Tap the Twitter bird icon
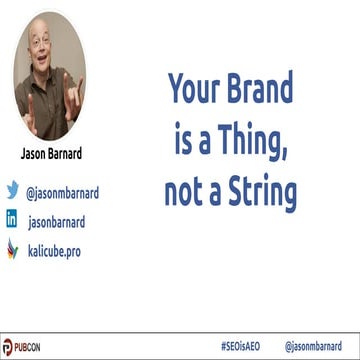tap(13, 189)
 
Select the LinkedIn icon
tap(13, 219)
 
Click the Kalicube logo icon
tap(13, 249)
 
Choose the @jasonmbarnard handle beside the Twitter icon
tap(62, 190)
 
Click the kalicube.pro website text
tap(54, 250)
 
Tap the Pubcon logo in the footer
tap(22, 346)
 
